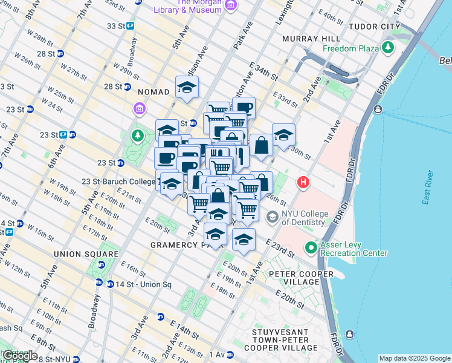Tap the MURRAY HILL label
(309, 39)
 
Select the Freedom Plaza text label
(350, 48)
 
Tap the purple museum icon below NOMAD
(139, 109)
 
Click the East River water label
(428, 188)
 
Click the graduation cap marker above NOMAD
(187, 87)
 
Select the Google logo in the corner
(20, 355)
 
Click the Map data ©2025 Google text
(414, 358)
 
